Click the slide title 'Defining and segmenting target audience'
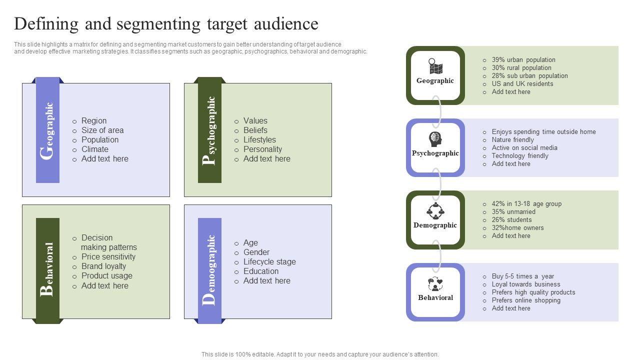(166, 24)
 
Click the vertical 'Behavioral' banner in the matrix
(48, 270)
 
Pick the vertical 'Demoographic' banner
(210, 270)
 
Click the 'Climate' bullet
(95, 149)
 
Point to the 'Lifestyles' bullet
(259, 139)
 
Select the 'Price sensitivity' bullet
(108, 256)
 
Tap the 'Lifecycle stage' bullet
(269, 261)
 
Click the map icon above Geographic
(435, 66)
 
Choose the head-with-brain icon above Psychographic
(435, 139)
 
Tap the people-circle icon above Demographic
(435, 211)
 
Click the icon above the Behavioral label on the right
(435, 284)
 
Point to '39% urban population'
(523, 59)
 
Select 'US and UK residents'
(522, 83)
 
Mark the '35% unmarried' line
(513, 211)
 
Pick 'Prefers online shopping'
(526, 300)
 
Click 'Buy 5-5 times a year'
(523, 276)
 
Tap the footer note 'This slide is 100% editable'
(320, 354)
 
